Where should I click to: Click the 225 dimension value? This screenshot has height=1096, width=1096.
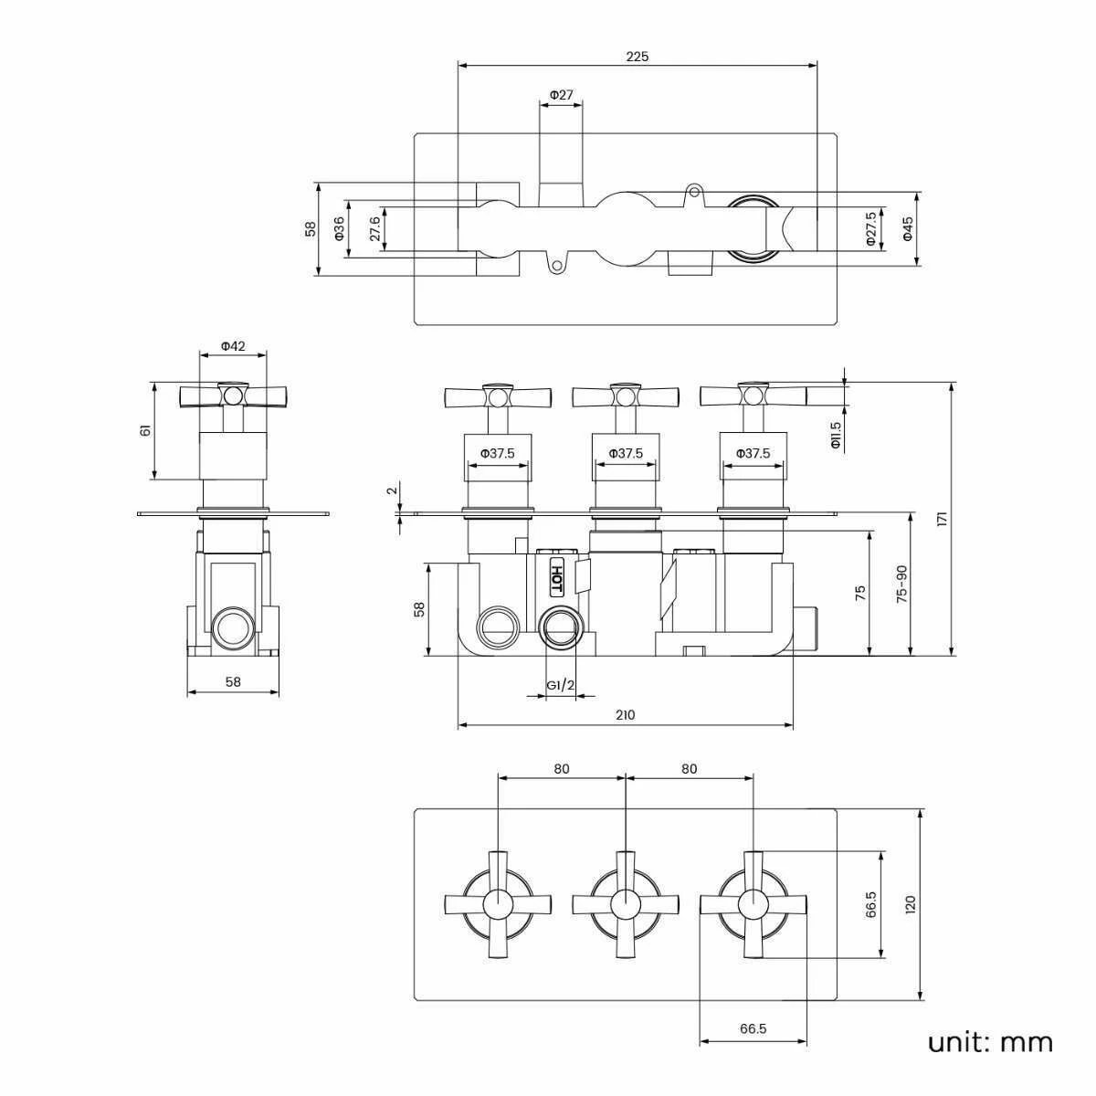637,57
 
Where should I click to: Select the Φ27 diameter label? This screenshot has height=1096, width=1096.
561,95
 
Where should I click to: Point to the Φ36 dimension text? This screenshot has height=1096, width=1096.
339,228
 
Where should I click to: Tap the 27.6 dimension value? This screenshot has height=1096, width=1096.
374,228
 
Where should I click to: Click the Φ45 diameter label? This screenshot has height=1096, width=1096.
907,228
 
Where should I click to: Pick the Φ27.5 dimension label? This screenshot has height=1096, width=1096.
870,229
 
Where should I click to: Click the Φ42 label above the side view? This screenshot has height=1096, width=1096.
234,346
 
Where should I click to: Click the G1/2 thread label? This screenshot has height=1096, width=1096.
561,685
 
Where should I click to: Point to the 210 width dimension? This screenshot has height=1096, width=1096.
625,715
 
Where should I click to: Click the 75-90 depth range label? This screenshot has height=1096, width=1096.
901,584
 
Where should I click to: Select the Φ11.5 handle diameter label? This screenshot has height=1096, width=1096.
835,435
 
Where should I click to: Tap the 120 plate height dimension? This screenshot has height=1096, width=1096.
909,904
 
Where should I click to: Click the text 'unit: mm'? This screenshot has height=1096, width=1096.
990,1042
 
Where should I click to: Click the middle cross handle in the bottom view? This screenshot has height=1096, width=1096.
626,904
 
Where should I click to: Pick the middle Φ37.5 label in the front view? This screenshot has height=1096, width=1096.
626,453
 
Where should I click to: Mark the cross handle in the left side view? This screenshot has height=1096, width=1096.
234,395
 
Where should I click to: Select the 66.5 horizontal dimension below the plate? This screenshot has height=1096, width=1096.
753,1028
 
